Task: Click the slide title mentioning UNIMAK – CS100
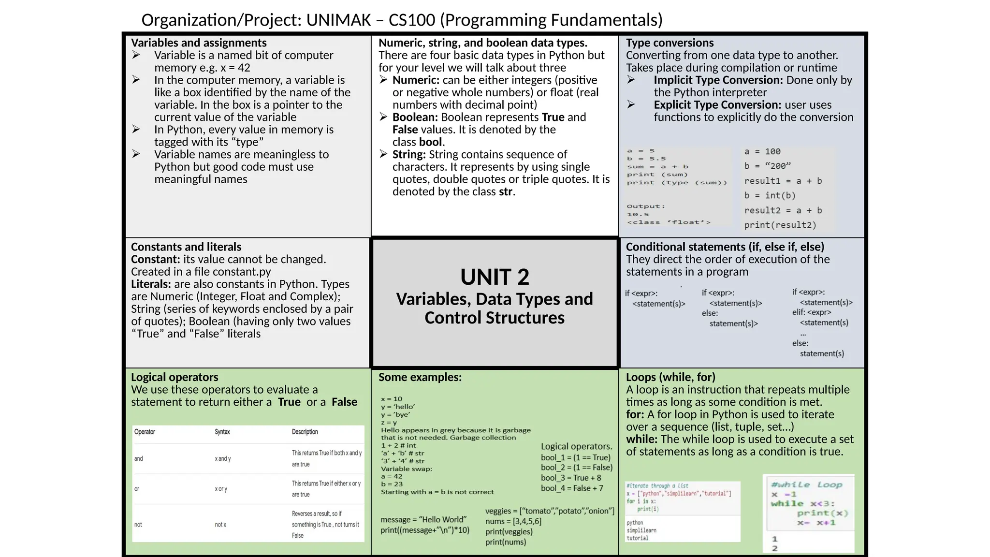pyautogui.click(x=402, y=20)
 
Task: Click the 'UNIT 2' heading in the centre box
pyautogui.click(x=495, y=277)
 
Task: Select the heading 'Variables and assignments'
pyautogui.click(x=199, y=43)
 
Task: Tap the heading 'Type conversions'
pyautogui.click(x=670, y=43)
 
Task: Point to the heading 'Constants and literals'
pyautogui.click(x=186, y=247)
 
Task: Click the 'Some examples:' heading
pyautogui.click(x=420, y=377)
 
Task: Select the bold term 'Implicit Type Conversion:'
pyautogui.click(x=718, y=80)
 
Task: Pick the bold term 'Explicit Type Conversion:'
pyautogui.click(x=717, y=105)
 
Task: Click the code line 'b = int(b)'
pyautogui.click(x=770, y=195)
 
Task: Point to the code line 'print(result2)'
pyautogui.click(x=780, y=225)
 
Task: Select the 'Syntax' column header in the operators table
pyautogui.click(x=222, y=432)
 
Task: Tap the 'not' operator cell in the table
pyautogui.click(x=138, y=525)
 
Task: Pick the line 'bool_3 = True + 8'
pyautogui.click(x=571, y=478)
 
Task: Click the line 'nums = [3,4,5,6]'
pyautogui.click(x=513, y=521)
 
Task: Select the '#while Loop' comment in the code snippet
pyautogui.click(x=806, y=484)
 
